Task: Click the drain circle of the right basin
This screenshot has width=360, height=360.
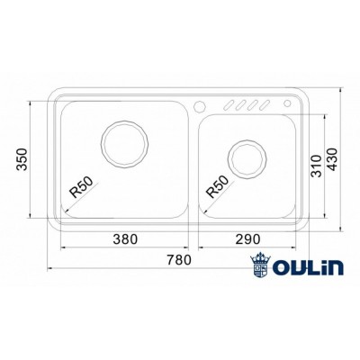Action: click(x=246, y=160)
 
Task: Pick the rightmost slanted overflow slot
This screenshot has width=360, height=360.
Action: click(x=267, y=104)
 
